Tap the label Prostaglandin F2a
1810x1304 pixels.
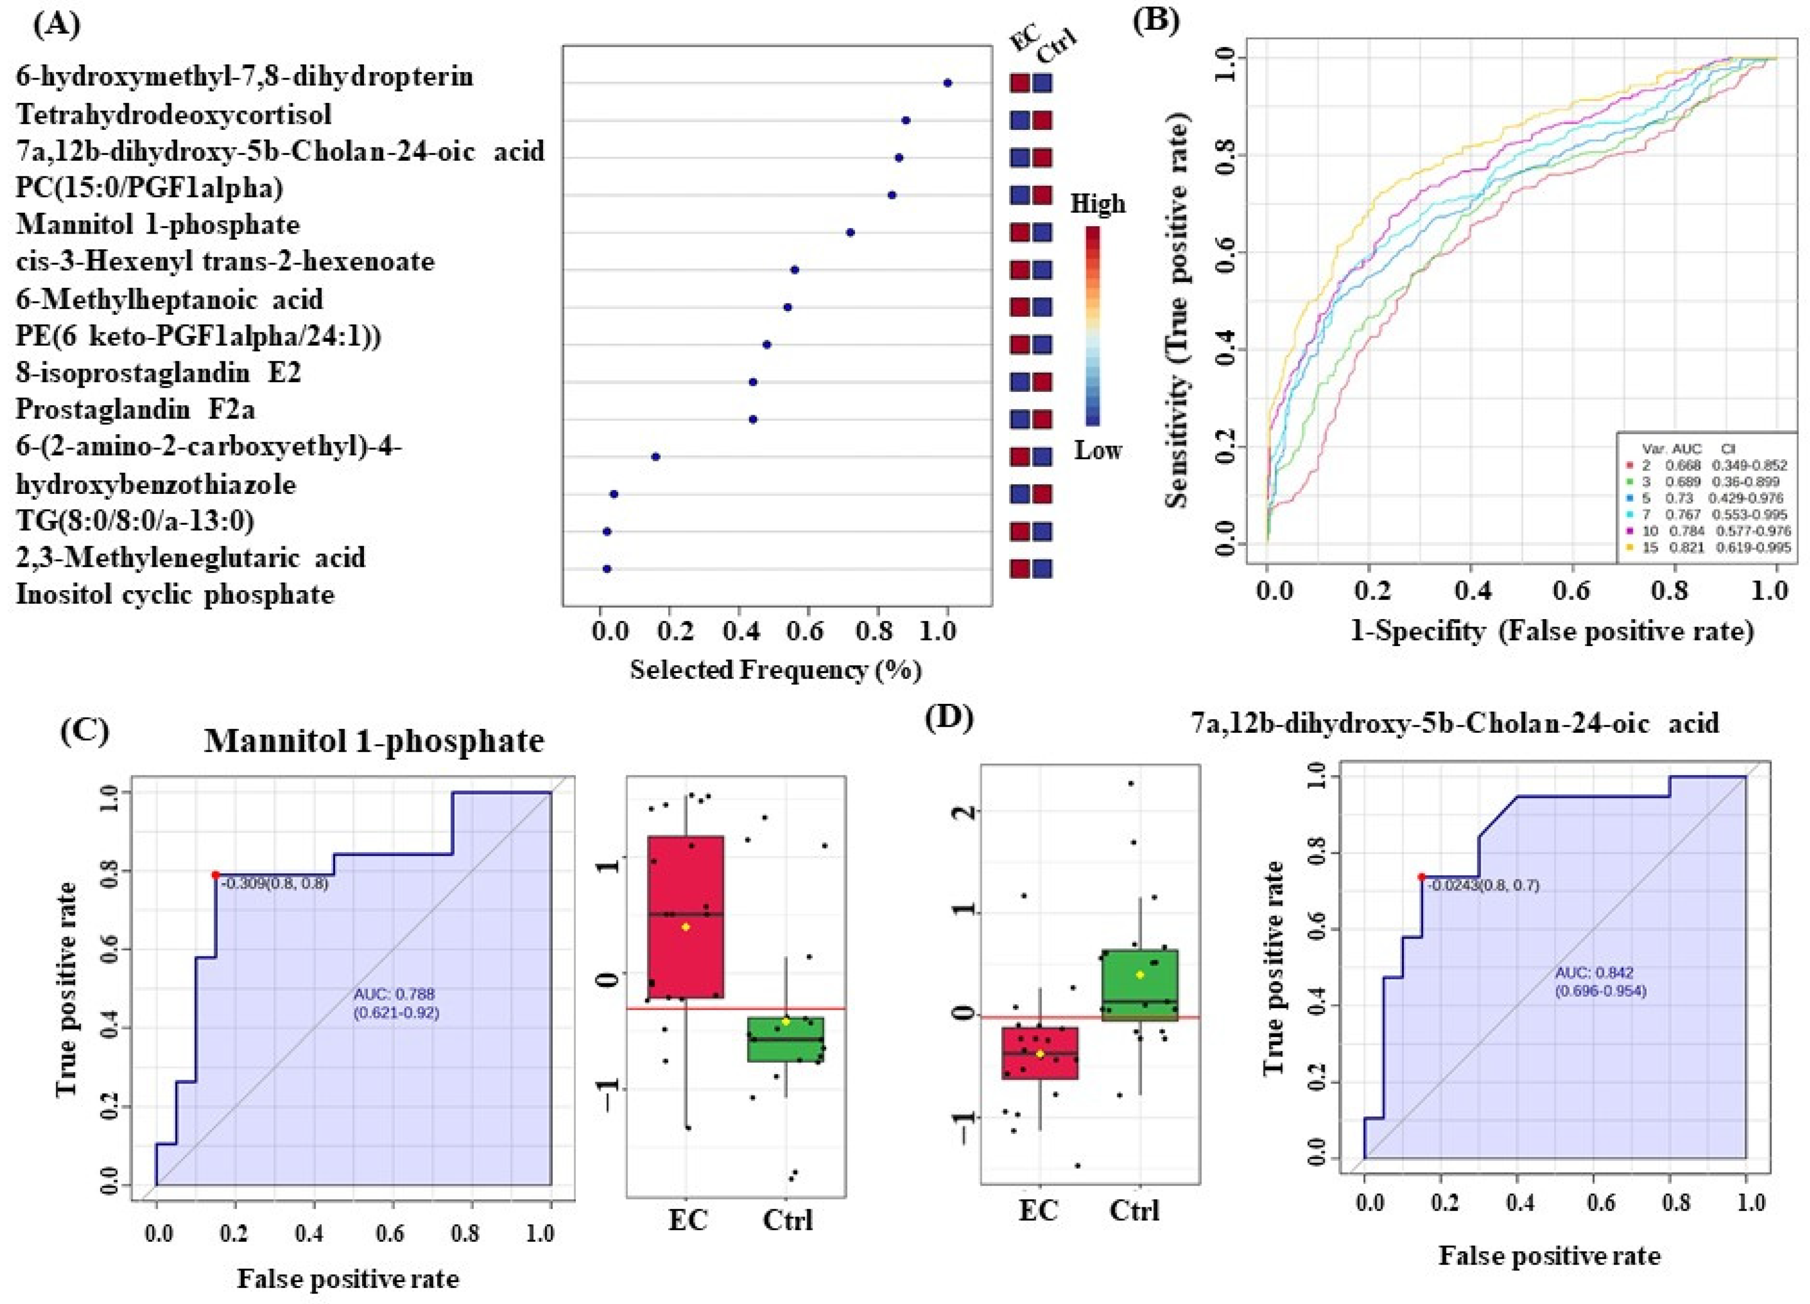(136, 410)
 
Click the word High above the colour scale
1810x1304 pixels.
(1098, 204)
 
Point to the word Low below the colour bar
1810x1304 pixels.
(1098, 451)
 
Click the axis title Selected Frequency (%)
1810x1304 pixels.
(776, 670)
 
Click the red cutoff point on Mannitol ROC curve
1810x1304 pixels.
(216, 875)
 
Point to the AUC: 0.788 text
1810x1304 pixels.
(394, 994)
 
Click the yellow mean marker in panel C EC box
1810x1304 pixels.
(685, 927)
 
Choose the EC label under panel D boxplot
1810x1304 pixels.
(1038, 1211)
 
